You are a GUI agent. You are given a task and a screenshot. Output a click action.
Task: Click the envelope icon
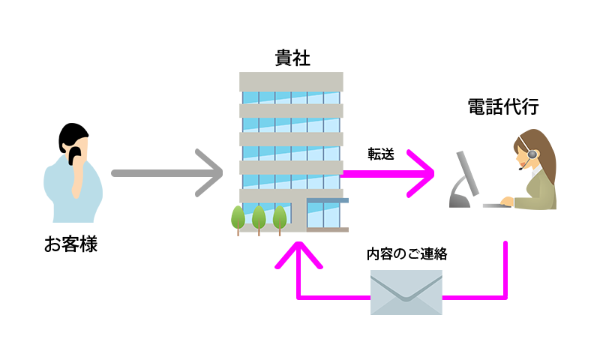point(406,292)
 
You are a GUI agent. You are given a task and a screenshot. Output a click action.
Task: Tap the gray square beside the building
point(208,172)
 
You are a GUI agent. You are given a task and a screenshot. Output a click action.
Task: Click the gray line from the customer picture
point(151,172)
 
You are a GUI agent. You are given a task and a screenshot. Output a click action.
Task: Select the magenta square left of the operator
point(420,173)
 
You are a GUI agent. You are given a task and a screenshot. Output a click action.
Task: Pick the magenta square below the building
point(298,255)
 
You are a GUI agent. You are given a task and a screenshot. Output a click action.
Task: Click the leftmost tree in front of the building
point(237,217)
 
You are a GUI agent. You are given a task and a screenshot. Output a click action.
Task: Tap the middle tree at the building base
point(259,218)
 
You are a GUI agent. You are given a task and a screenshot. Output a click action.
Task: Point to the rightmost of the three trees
point(280,218)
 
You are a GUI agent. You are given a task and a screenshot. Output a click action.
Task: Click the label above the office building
point(292,58)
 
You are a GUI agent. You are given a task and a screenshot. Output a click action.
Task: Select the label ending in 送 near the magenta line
point(381,154)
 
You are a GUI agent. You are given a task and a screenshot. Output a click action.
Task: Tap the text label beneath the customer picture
point(71,244)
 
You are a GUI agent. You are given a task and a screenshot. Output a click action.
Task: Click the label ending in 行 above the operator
point(503,107)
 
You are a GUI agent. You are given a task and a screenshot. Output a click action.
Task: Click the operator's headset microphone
point(518,171)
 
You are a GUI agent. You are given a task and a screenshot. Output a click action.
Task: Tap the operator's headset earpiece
point(532,154)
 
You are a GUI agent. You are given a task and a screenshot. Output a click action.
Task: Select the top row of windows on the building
point(290,97)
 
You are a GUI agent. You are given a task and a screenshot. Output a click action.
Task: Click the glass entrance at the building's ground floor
point(323,214)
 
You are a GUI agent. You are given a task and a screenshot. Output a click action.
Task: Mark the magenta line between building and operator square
point(375,173)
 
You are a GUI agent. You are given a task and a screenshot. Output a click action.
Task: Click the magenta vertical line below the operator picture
point(505,270)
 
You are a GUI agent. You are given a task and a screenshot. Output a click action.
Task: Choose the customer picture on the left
point(73,172)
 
